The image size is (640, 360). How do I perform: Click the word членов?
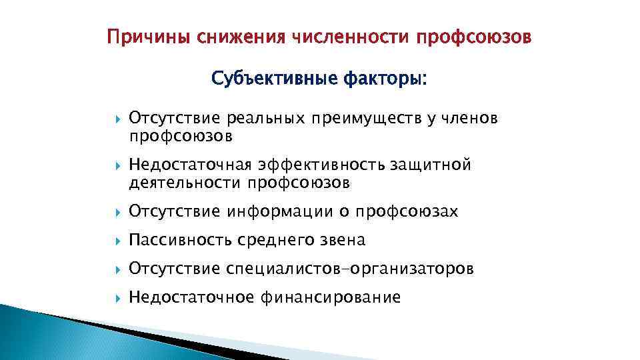point(469,119)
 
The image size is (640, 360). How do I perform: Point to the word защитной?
point(435,165)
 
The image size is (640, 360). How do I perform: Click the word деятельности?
point(185,182)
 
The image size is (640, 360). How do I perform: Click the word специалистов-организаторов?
point(350,269)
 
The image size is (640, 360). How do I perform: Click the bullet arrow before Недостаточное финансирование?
point(117,297)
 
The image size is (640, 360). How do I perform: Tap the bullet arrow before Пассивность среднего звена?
point(117,240)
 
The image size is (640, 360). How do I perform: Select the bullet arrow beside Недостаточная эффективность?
point(117,165)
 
